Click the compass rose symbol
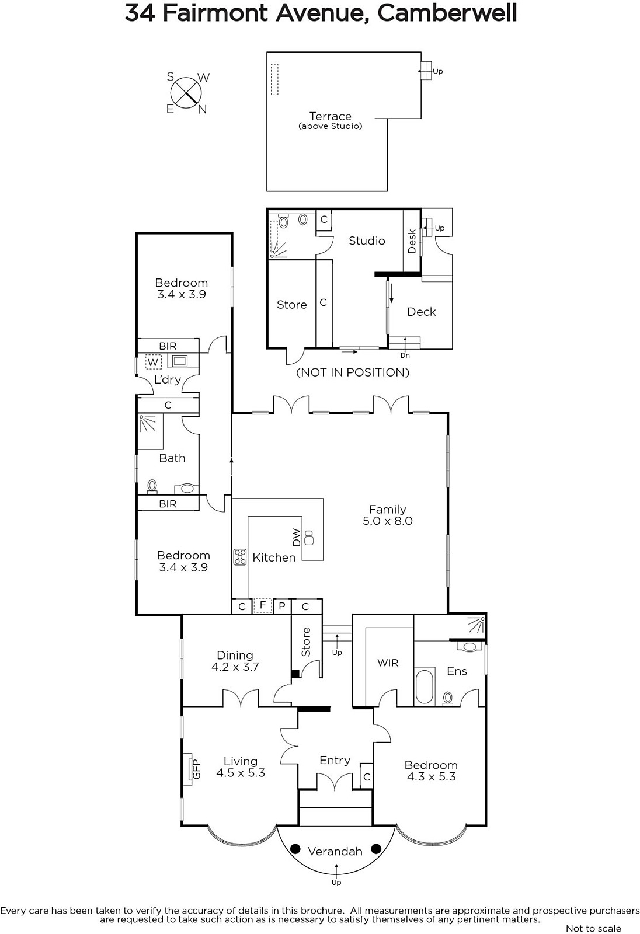[186, 93]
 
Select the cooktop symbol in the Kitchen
[240, 557]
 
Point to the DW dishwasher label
[296, 538]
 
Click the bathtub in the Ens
[425, 686]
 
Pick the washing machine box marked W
[153, 362]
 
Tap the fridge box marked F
[263, 605]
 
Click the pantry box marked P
[282, 607]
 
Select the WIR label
[388, 663]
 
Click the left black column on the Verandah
[295, 849]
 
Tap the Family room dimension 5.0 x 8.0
[388, 521]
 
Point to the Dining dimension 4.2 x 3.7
[235, 667]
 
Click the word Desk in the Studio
[412, 241]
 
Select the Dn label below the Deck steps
[405, 356]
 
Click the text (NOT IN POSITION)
[353, 372]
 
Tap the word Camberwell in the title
[447, 13]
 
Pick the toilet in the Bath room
[152, 486]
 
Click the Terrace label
[331, 116]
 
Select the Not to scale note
[593, 928]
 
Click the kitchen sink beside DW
[309, 538]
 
